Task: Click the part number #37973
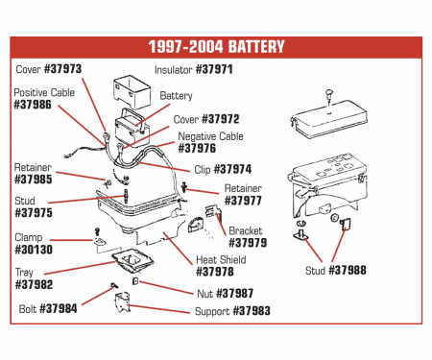(x=62, y=69)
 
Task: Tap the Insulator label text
(x=174, y=70)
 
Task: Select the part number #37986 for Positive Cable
(x=33, y=105)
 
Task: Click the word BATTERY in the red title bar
(x=256, y=47)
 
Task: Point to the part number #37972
(x=221, y=119)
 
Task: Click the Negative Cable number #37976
(x=197, y=149)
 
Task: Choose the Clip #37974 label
(x=223, y=169)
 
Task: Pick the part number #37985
(x=34, y=180)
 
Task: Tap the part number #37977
(x=243, y=201)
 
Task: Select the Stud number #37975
(x=34, y=213)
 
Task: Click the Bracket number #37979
(x=248, y=243)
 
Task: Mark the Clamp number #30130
(x=34, y=250)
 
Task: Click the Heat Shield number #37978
(x=215, y=272)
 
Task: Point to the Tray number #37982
(x=34, y=284)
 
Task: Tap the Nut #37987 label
(x=226, y=294)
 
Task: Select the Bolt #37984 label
(x=48, y=309)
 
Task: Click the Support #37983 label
(x=232, y=311)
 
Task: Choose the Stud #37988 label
(x=336, y=271)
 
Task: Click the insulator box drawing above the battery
(x=132, y=91)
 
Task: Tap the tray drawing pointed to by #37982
(x=132, y=261)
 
